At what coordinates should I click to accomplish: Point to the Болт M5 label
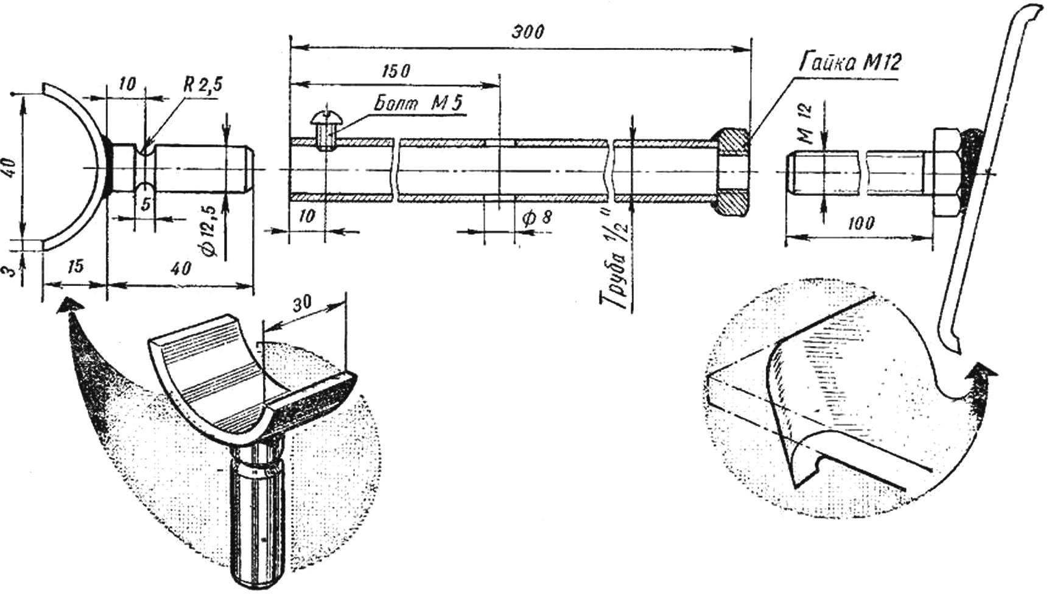418,103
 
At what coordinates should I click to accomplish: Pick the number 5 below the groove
146,205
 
